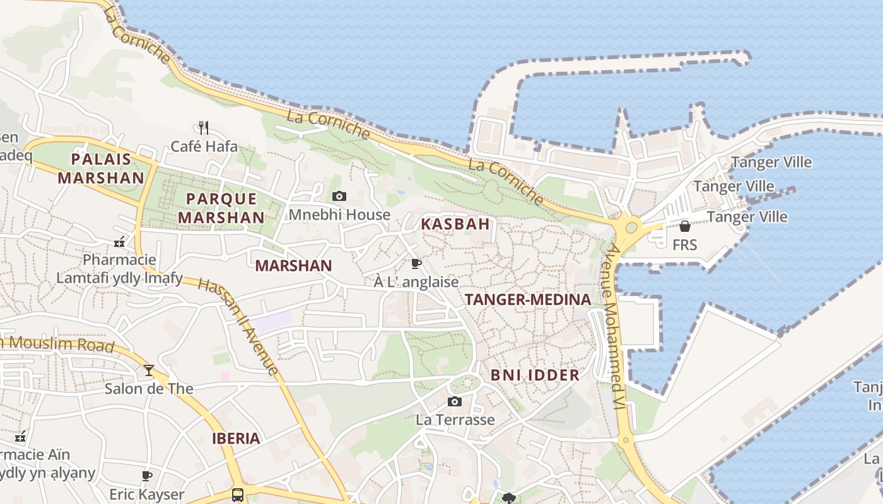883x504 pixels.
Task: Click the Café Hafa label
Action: coord(204,147)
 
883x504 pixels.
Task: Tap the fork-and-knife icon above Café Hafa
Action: coord(203,128)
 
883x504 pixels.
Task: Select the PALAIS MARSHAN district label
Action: coord(101,168)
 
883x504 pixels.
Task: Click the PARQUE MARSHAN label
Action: coord(221,208)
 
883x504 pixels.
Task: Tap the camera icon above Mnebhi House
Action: coord(339,197)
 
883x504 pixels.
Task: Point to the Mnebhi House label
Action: coord(339,215)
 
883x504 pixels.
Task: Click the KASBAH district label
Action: coord(455,224)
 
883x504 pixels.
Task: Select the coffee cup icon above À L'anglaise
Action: coord(416,263)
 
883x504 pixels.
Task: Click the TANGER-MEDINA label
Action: coord(528,300)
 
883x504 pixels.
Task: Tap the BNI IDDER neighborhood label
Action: coord(535,375)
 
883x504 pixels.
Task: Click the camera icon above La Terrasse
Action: coord(455,402)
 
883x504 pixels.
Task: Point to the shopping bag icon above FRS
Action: coord(685,226)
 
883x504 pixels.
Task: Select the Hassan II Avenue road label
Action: coord(238,326)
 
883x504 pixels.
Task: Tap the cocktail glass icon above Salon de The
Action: coord(149,370)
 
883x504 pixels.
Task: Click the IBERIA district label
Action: coord(236,438)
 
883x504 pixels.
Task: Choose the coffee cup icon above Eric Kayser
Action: coord(147,476)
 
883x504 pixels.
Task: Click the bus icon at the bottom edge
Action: coord(238,495)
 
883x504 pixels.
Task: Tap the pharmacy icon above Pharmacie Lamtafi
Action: coord(119,242)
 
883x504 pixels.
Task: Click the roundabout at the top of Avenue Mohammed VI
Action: coord(631,227)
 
